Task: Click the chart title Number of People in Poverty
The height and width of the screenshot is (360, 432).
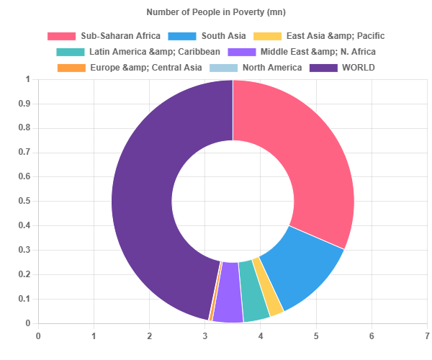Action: click(216, 12)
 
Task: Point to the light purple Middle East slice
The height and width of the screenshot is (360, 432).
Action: click(228, 292)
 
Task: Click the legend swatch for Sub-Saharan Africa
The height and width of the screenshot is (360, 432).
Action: click(61, 36)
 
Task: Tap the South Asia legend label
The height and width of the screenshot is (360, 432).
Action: click(223, 36)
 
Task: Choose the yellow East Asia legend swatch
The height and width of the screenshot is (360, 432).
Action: click(268, 36)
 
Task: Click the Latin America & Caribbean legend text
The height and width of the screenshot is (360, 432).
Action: click(155, 52)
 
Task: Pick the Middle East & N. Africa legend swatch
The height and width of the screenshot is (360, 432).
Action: click(242, 52)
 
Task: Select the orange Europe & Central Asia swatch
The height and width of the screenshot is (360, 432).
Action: click(71, 68)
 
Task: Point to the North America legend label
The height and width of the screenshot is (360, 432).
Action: click(272, 68)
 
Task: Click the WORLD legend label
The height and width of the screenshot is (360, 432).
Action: click(359, 68)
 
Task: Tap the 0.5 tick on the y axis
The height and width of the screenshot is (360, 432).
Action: click(24, 201)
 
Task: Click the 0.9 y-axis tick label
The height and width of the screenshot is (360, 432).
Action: click(24, 104)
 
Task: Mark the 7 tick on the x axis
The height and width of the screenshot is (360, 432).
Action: click(427, 336)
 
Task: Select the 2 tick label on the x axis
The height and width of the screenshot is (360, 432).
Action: click(149, 336)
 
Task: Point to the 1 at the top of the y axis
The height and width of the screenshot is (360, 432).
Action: click(28, 79)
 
